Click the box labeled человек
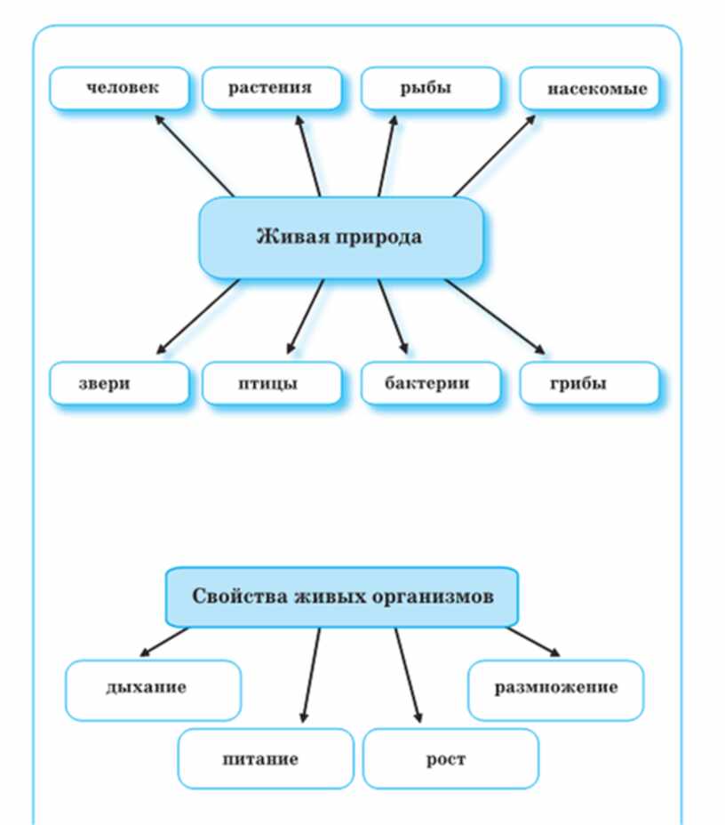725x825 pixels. click(x=120, y=88)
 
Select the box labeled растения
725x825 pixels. click(x=271, y=88)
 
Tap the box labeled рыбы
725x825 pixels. click(x=430, y=88)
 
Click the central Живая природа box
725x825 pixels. click(x=340, y=237)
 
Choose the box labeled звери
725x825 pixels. click(x=120, y=383)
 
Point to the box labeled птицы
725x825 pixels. click(x=271, y=383)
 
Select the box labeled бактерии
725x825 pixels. click(x=430, y=383)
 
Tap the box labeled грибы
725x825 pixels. click(x=590, y=383)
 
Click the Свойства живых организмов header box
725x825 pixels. click(x=342, y=596)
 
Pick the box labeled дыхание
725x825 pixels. click(x=153, y=689)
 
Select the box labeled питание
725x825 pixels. click(x=265, y=758)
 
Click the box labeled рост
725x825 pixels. click(x=450, y=758)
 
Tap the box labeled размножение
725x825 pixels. click(x=555, y=689)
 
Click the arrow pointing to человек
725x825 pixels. click(x=194, y=155)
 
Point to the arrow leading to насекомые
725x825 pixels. click(x=494, y=155)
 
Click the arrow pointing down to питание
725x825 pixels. click(x=309, y=676)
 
